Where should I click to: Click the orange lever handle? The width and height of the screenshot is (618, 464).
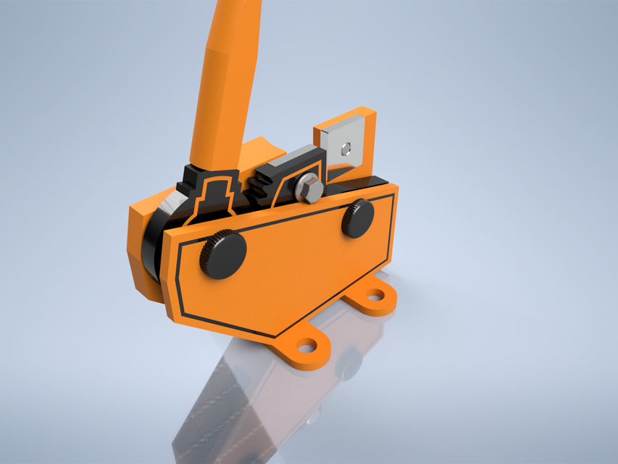point(225,80)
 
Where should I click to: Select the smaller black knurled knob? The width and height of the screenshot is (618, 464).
point(357,217)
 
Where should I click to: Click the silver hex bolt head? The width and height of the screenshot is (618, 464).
point(309,189)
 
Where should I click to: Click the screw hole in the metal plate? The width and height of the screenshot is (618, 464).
point(348,149)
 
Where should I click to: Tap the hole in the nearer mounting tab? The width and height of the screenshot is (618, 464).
point(307,346)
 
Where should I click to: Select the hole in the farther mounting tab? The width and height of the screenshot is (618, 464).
point(375,295)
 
